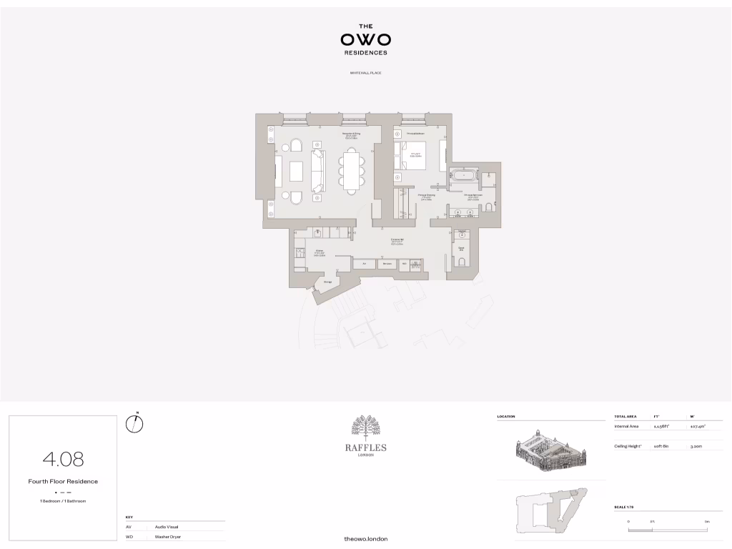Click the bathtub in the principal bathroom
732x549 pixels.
[463, 174]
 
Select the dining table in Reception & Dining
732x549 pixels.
[351, 170]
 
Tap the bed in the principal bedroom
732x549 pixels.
[412, 154]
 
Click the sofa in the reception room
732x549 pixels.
[317, 171]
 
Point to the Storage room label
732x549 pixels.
[327, 282]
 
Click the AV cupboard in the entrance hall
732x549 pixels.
[365, 264]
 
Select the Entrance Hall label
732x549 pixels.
[397, 242]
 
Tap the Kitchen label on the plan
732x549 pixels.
[320, 252]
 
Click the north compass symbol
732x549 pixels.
[134, 424]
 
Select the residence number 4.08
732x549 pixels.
[64, 458]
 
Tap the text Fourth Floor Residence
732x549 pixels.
[64, 481]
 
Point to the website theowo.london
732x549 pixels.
[365, 538]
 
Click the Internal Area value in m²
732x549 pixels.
[697, 426]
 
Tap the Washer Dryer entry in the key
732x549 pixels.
[168, 536]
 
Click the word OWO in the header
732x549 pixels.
[365, 39]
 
